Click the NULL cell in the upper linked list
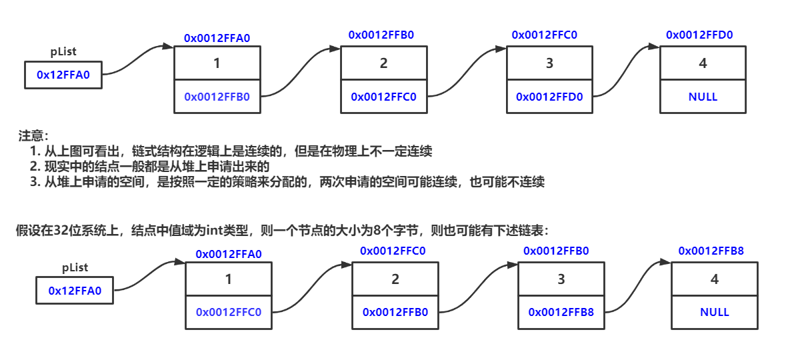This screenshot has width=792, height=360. [703, 97]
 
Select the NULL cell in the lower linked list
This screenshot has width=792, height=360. [715, 312]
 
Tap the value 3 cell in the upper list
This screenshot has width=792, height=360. [549, 63]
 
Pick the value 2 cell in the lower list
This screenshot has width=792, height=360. [395, 279]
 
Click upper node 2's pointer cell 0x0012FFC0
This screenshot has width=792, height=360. [383, 97]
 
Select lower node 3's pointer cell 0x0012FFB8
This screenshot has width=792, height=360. [561, 312]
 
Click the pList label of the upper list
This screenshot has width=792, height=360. [64, 52]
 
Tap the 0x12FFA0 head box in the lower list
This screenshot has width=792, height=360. [75, 291]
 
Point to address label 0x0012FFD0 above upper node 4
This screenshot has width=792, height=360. [699, 35]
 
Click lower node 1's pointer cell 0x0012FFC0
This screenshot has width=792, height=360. [229, 312]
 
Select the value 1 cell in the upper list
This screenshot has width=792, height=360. [217, 63]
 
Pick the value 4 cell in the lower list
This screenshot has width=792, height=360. [715, 279]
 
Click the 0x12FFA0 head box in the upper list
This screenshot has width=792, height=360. [63, 75]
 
